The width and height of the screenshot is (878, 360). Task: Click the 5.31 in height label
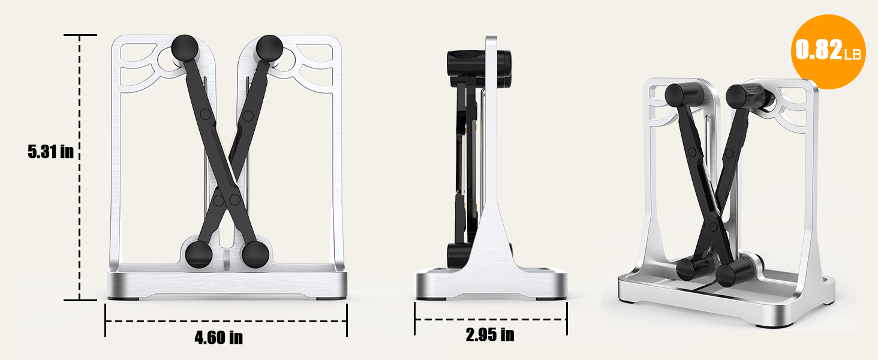[50, 151]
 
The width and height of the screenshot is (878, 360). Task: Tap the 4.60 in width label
[218, 337]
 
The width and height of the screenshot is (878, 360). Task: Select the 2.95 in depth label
[489, 335]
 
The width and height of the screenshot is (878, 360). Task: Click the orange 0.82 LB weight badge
[828, 52]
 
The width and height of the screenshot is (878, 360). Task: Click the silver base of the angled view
[726, 303]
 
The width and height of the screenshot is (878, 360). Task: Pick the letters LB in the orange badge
[852, 55]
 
